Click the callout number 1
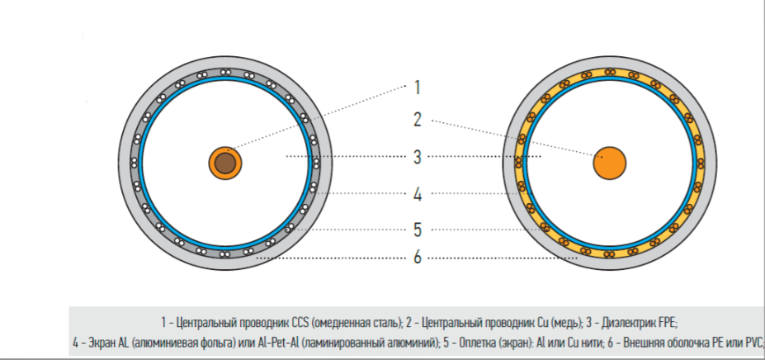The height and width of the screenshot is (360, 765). click(x=417, y=88)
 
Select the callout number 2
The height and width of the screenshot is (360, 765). click(x=417, y=120)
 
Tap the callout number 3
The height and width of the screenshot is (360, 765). click(x=417, y=157)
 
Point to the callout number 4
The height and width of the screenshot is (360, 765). click(x=418, y=194)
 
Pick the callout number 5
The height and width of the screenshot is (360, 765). click(x=417, y=230)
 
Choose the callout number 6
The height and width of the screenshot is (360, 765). click(x=417, y=257)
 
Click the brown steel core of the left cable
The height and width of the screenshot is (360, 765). click(x=225, y=163)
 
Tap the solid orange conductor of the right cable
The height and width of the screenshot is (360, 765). click(x=609, y=163)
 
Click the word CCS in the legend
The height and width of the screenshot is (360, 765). click(x=299, y=323)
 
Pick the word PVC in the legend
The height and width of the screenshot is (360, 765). click(x=754, y=343)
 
